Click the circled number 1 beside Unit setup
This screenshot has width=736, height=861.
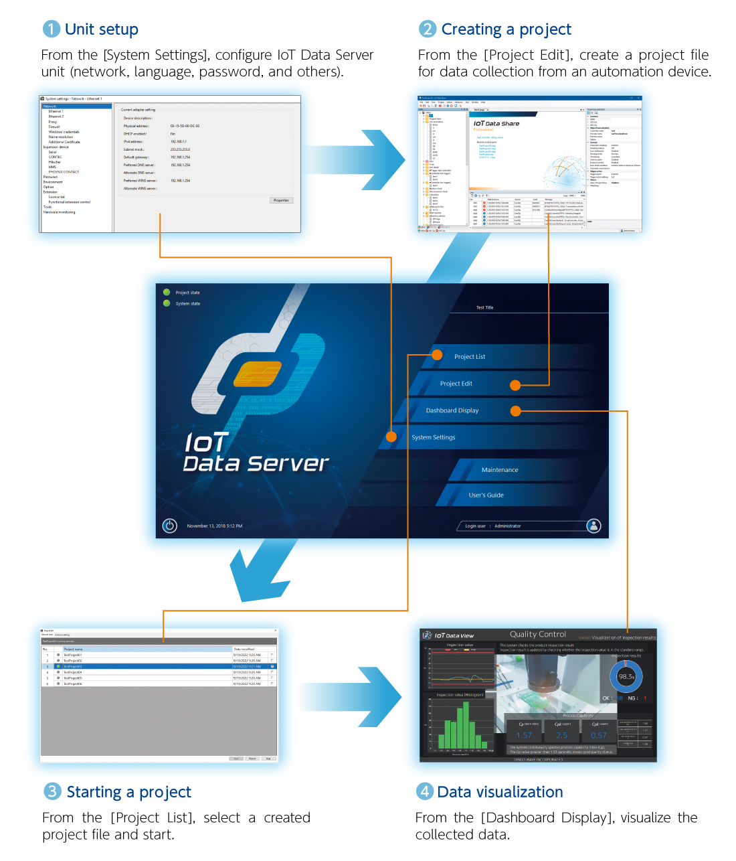[x=52, y=29]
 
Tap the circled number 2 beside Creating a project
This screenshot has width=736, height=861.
[x=428, y=29]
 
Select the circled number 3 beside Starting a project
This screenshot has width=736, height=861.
[x=52, y=791]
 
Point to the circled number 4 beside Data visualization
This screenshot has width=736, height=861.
[x=425, y=791]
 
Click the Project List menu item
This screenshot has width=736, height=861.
[x=470, y=357]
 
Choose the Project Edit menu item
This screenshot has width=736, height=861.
[x=456, y=384]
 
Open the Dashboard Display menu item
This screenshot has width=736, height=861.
[x=452, y=410]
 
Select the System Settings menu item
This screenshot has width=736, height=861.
[x=434, y=437]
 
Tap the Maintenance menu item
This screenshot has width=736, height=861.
[x=500, y=470]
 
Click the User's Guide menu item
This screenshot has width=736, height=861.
[x=486, y=495]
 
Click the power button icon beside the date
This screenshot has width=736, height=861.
[x=170, y=526]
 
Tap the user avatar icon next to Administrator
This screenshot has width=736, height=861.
[x=593, y=526]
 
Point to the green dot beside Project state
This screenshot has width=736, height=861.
[x=167, y=293]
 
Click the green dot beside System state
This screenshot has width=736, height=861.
[x=167, y=303]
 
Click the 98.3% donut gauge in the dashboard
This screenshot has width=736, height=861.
[x=626, y=677]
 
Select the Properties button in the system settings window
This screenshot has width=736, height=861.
[x=281, y=200]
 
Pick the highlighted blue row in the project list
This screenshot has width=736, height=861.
[x=159, y=667]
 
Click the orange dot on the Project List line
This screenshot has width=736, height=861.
[x=437, y=355]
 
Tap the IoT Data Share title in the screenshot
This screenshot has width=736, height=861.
[x=496, y=124]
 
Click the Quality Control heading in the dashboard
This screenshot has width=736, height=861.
[x=538, y=634]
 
